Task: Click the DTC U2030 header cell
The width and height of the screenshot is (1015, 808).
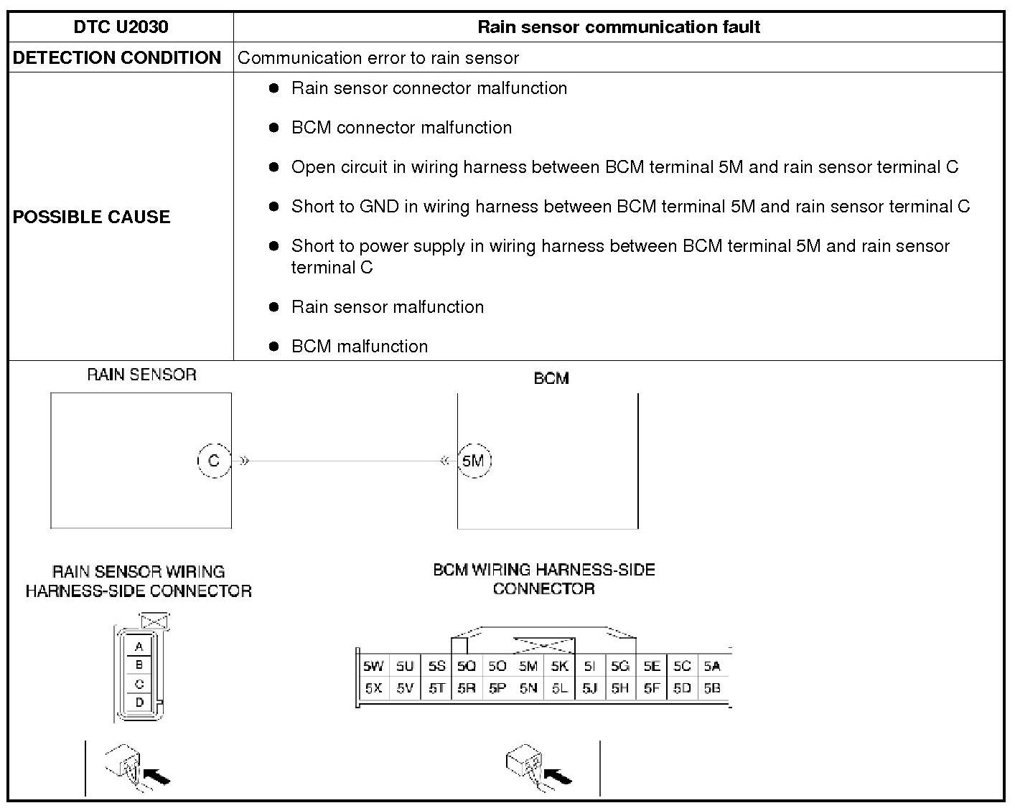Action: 121,27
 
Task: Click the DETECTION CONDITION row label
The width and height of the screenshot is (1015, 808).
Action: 117,58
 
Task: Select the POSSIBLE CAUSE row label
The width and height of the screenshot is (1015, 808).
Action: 91,217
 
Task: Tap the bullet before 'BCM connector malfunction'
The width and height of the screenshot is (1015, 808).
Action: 273,128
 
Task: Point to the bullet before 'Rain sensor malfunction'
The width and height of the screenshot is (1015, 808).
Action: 273,307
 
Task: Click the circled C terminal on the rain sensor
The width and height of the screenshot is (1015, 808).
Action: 213,460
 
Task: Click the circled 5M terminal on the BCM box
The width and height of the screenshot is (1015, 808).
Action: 473,461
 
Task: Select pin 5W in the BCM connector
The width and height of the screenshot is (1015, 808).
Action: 373,666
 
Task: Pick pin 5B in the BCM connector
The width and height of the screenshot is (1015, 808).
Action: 712,688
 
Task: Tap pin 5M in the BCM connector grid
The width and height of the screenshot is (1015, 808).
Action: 528,666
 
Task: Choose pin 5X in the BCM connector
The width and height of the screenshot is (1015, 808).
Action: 373,688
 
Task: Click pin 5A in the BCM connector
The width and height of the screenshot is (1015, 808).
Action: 712,666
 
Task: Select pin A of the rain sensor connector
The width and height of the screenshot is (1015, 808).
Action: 139,647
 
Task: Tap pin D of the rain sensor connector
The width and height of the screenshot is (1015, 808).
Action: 139,703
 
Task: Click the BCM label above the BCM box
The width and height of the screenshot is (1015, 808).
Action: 551,378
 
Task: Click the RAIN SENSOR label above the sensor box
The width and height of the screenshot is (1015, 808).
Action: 141,375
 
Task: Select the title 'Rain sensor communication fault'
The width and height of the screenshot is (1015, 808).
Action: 619,27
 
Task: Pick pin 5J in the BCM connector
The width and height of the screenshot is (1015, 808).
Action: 590,688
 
